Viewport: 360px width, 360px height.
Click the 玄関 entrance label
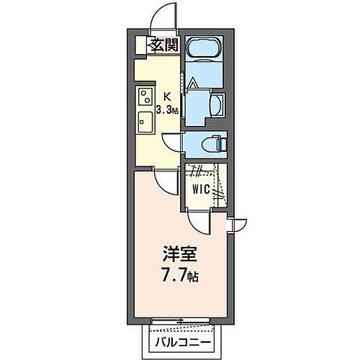point(163,45)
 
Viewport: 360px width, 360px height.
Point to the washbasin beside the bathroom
point(216,102)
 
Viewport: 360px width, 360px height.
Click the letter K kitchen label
point(166,96)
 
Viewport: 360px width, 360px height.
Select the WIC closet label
point(202,189)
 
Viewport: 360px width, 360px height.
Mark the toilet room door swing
point(173,143)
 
